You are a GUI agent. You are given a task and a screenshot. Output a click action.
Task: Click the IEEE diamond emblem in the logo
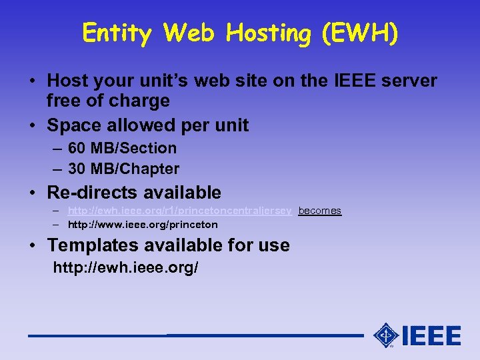tap(386, 335)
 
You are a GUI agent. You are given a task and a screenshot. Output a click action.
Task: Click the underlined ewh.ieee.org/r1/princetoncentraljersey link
tap(180, 211)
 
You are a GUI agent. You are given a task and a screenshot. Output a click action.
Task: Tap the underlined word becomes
tap(319, 211)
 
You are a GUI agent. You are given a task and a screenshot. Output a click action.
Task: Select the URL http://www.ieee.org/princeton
tap(143, 225)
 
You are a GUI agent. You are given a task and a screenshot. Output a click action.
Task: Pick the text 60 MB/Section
tap(122, 148)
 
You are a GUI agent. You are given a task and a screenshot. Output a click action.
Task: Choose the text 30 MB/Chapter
tap(123, 169)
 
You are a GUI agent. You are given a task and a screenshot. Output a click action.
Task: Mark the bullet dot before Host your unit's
tap(32, 82)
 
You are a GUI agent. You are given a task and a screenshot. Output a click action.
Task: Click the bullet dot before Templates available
tap(32, 245)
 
